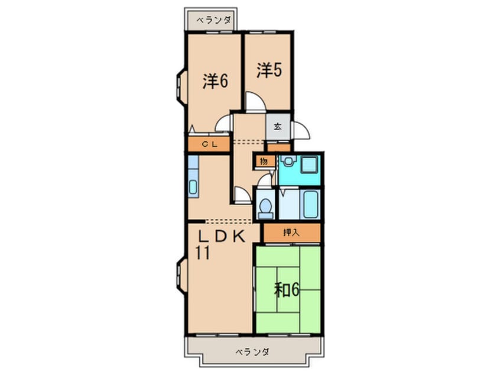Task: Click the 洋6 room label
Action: click(215, 81)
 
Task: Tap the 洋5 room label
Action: click(270, 70)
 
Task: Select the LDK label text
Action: click(222, 237)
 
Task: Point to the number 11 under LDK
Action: click(203, 253)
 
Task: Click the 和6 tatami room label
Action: click(287, 290)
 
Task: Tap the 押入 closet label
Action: click(291, 232)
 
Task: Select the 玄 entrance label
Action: click(278, 127)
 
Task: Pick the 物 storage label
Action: click(264, 161)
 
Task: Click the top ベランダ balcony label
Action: click(213, 21)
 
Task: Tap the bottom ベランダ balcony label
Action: click(252, 352)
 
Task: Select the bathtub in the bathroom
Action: click(310, 204)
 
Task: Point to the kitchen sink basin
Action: click(193, 187)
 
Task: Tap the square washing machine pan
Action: click(309, 164)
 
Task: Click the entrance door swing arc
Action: click(301, 130)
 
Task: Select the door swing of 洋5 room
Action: click(255, 102)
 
